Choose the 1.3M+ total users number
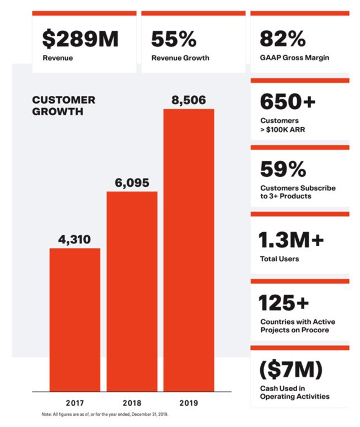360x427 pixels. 291,240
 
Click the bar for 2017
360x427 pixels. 75,320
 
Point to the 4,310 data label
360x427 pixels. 75,240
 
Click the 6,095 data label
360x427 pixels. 132,183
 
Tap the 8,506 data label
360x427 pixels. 189,100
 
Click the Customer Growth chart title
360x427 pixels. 63,105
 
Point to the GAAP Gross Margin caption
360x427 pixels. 294,58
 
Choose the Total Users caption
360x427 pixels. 280,258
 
